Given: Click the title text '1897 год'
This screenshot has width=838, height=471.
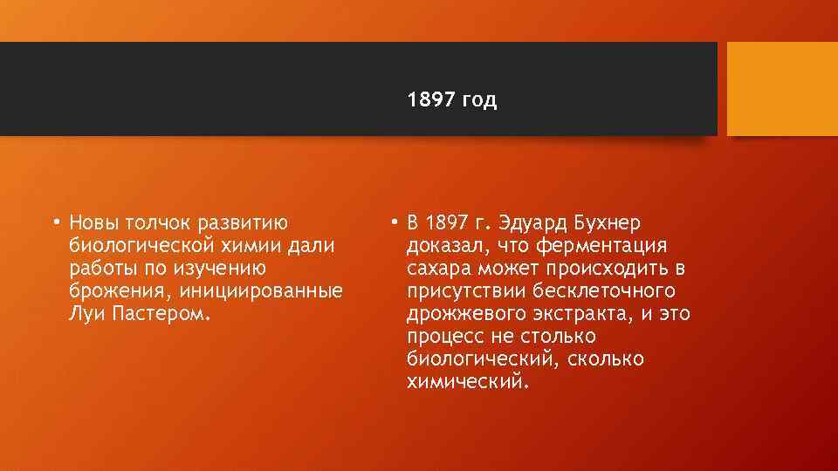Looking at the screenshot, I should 451,100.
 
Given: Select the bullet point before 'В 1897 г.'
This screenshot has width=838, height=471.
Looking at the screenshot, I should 395,223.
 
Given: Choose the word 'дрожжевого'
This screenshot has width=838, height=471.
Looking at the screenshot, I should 463,314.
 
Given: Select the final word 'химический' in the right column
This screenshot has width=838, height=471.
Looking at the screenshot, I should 466,382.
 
